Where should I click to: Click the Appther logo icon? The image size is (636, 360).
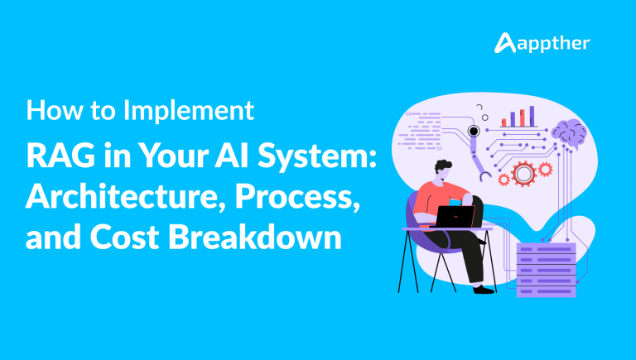[x=504, y=43]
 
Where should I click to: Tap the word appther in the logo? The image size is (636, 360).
[x=554, y=44]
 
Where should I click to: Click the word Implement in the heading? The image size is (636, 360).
[x=189, y=111]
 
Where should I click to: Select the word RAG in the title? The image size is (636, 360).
[x=60, y=156]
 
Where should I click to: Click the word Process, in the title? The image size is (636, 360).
[x=297, y=197]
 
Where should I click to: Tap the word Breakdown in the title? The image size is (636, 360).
[x=255, y=237]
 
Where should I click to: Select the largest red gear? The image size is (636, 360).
[x=523, y=174]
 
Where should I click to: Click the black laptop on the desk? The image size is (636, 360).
[x=455, y=217]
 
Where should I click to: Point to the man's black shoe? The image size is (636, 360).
[x=484, y=290]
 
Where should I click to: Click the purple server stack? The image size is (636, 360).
[x=547, y=270]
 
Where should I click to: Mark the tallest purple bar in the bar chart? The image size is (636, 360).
[x=532, y=117]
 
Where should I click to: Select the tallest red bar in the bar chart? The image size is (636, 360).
[x=523, y=118]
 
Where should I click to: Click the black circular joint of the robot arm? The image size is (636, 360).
[x=474, y=131]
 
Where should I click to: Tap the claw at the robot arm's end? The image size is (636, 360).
[x=484, y=176]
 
